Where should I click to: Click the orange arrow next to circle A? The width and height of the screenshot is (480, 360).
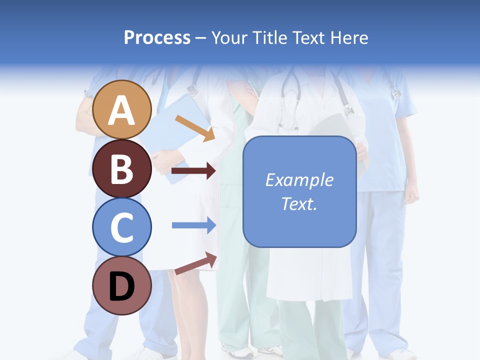pos(195,128)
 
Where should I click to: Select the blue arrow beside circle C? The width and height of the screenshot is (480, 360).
pos(193,225)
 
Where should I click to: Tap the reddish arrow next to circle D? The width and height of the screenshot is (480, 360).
pos(195,263)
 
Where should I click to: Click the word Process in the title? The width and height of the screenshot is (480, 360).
pos(157,37)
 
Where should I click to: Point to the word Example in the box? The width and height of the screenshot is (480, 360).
pos(299,180)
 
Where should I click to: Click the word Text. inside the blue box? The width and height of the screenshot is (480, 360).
pos(299,204)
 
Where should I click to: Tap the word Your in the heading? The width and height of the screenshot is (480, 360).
pos(229,37)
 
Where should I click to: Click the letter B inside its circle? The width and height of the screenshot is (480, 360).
pos(122,169)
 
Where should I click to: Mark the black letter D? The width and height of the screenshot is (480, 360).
pos(122,287)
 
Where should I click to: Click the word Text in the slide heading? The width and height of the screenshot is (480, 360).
pos(307,37)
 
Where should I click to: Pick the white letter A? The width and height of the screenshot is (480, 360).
pos(122,110)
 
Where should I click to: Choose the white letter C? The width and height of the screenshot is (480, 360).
pos(122,227)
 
